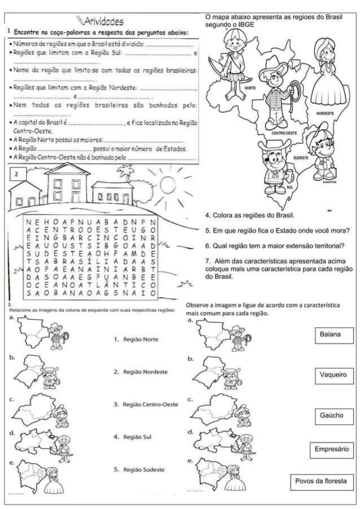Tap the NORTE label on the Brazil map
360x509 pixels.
(x=250, y=88)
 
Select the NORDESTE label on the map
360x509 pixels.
(x=325, y=113)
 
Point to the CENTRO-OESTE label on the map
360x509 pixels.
(x=284, y=133)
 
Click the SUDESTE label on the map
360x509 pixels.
(x=301, y=158)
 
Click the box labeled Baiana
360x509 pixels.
(x=334, y=335)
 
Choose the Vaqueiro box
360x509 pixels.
(x=334, y=376)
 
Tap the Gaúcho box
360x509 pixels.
(x=334, y=416)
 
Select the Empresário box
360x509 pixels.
(x=332, y=449)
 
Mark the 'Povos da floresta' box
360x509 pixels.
(x=322, y=482)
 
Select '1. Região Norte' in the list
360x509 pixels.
(x=136, y=339)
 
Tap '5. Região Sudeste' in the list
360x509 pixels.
(x=139, y=470)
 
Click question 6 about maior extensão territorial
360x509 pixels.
(x=275, y=246)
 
